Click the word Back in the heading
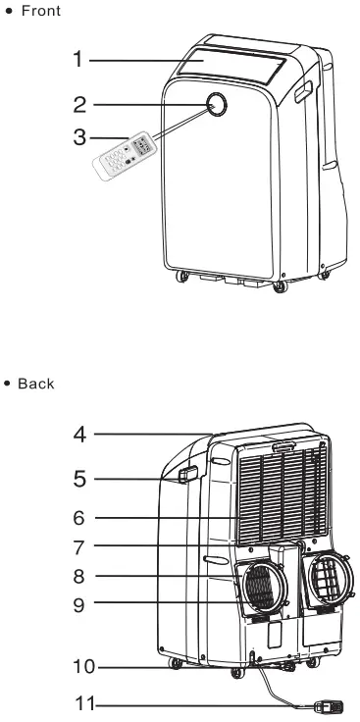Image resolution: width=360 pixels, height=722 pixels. pyautogui.click(x=36, y=384)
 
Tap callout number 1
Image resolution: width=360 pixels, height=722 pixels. pyautogui.click(x=77, y=60)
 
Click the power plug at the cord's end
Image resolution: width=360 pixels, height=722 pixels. pyautogui.click(x=327, y=704)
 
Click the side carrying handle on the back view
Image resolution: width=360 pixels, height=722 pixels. pyautogui.click(x=186, y=475)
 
